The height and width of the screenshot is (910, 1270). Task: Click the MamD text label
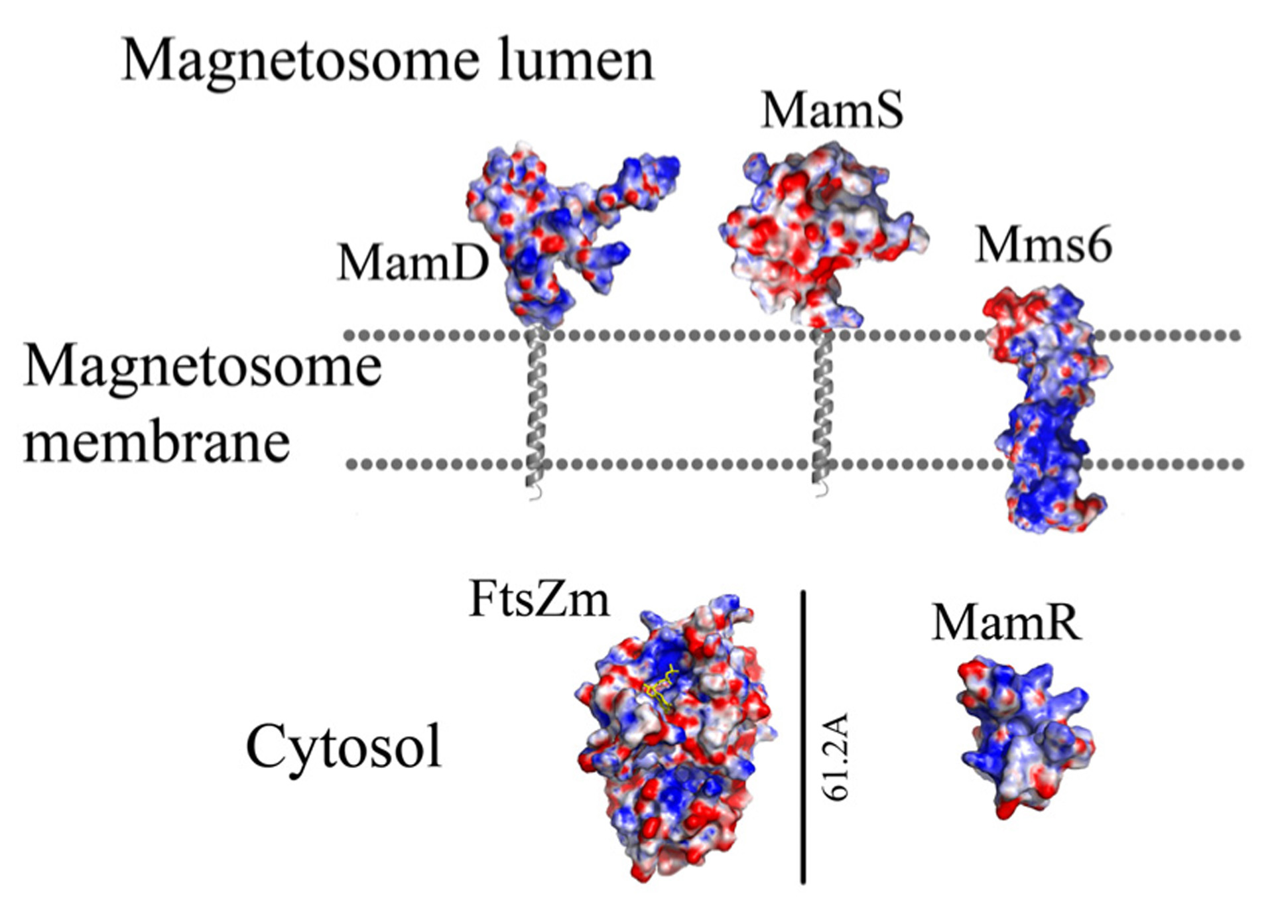tap(413, 263)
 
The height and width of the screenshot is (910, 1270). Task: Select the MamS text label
tap(832, 110)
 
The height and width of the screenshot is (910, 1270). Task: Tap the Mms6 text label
tap(1043, 245)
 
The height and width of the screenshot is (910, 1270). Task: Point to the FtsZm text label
tap(539, 599)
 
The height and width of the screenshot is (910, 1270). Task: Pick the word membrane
tap(157, 442)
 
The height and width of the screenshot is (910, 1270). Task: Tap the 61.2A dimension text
tap(835, 757)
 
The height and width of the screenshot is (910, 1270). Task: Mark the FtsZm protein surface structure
tap(673, 743)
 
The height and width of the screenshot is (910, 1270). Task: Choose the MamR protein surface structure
tap(1021, 736)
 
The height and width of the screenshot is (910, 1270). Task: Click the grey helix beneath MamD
tap(535, 411)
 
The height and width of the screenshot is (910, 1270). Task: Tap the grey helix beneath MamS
tap(822, 411)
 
